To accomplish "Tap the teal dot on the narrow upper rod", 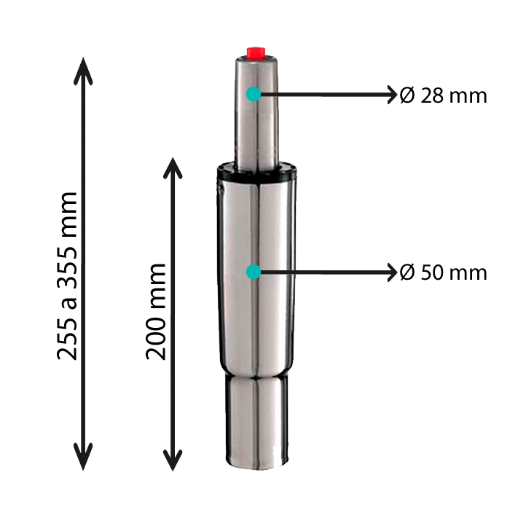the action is tap(254, 94).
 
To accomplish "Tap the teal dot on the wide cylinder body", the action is tap(254, 272).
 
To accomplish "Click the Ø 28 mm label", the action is tap(443, 95).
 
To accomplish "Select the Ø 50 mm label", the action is tap(443, 272).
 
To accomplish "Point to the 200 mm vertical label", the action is tap(156, 311).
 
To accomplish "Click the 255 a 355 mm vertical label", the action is tap(67, 276).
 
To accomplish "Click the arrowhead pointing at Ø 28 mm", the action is tap(393, 95).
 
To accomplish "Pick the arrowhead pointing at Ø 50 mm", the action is tap(393, 272).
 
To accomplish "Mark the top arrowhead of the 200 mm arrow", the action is tap(173, 168).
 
